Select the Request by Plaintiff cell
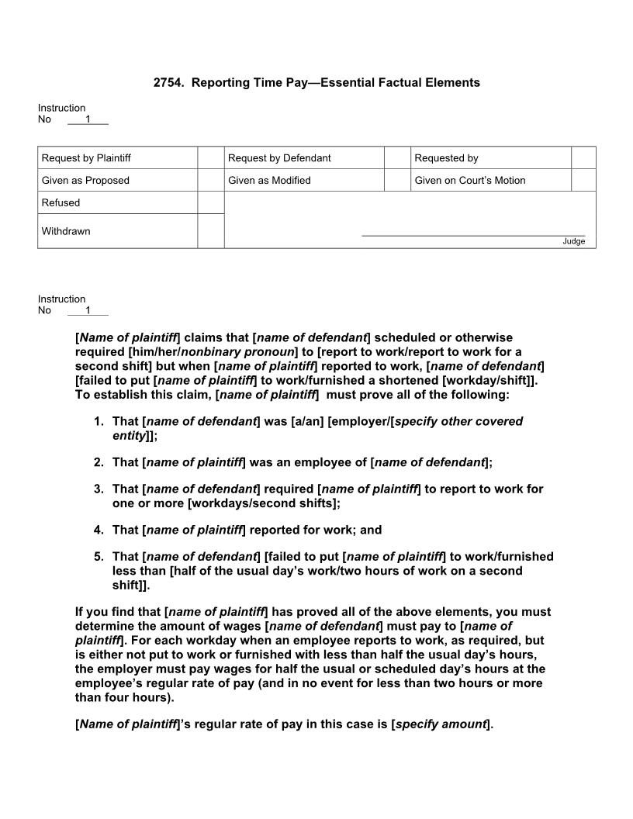tap(86, 158)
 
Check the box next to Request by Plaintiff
tap(210, 158)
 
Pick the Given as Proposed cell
tap(85, 181)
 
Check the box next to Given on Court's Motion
tap(583, 181)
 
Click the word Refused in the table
tap(61, 203)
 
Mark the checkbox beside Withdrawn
tap(210, 231)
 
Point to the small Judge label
tap(573, 241)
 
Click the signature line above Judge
tap(473, 235)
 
